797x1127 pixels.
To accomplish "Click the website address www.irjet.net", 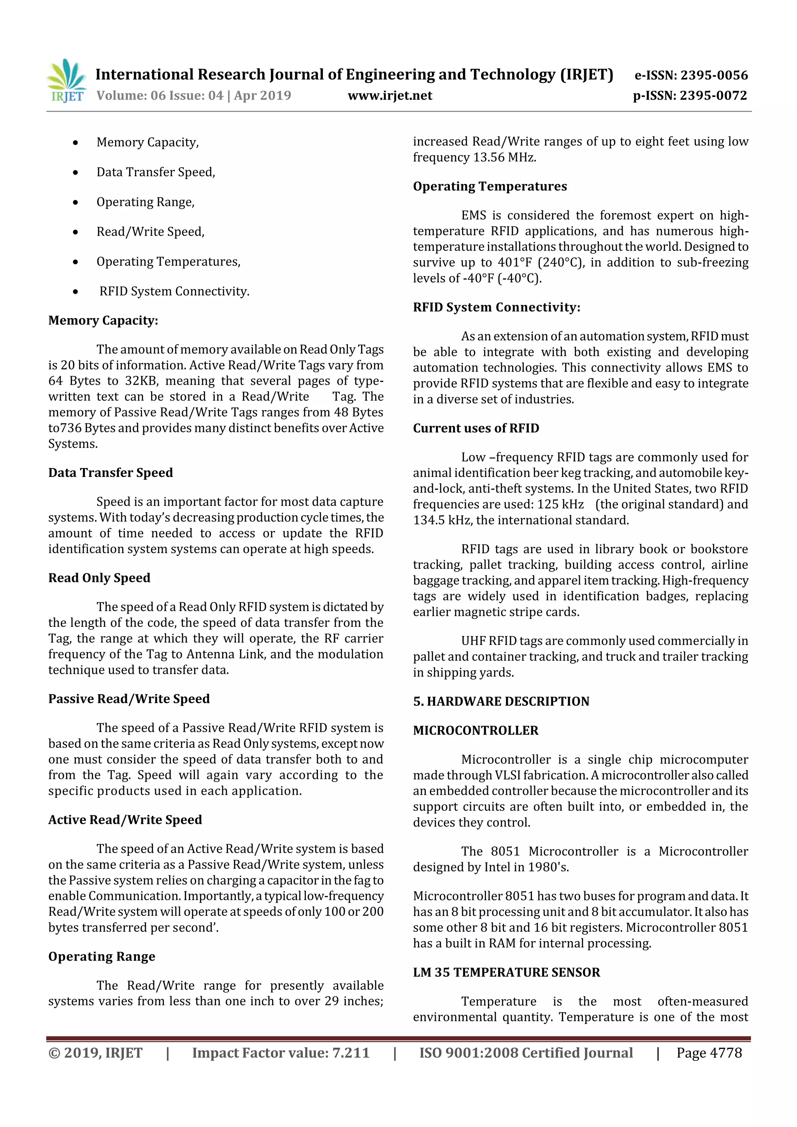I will (x=390, y=96).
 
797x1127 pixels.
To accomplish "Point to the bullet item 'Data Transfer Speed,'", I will (x=156, y=172).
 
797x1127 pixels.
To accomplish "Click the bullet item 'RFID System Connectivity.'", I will (x=174, y=291).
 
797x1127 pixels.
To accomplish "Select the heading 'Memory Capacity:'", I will (x=103, y=321).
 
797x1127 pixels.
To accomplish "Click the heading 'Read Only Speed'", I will (x=99, y=578).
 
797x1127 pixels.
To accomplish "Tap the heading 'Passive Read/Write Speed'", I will (x=129, y=699).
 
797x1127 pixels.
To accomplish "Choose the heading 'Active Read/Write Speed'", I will (x=125, y=820).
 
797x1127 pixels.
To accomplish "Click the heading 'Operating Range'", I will (x=102, y=957).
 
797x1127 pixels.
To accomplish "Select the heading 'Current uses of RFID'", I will (x=476, y=429).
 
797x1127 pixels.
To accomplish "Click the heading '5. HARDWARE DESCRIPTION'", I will (x=501, y=701).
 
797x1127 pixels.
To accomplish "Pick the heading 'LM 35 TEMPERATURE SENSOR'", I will (x=506, y=973).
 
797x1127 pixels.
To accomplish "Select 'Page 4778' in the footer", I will (x=709, y=1053).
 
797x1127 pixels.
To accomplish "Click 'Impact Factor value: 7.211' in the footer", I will (x=281, y=1053).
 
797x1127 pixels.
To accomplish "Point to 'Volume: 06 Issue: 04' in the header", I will (x=160, y=96).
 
